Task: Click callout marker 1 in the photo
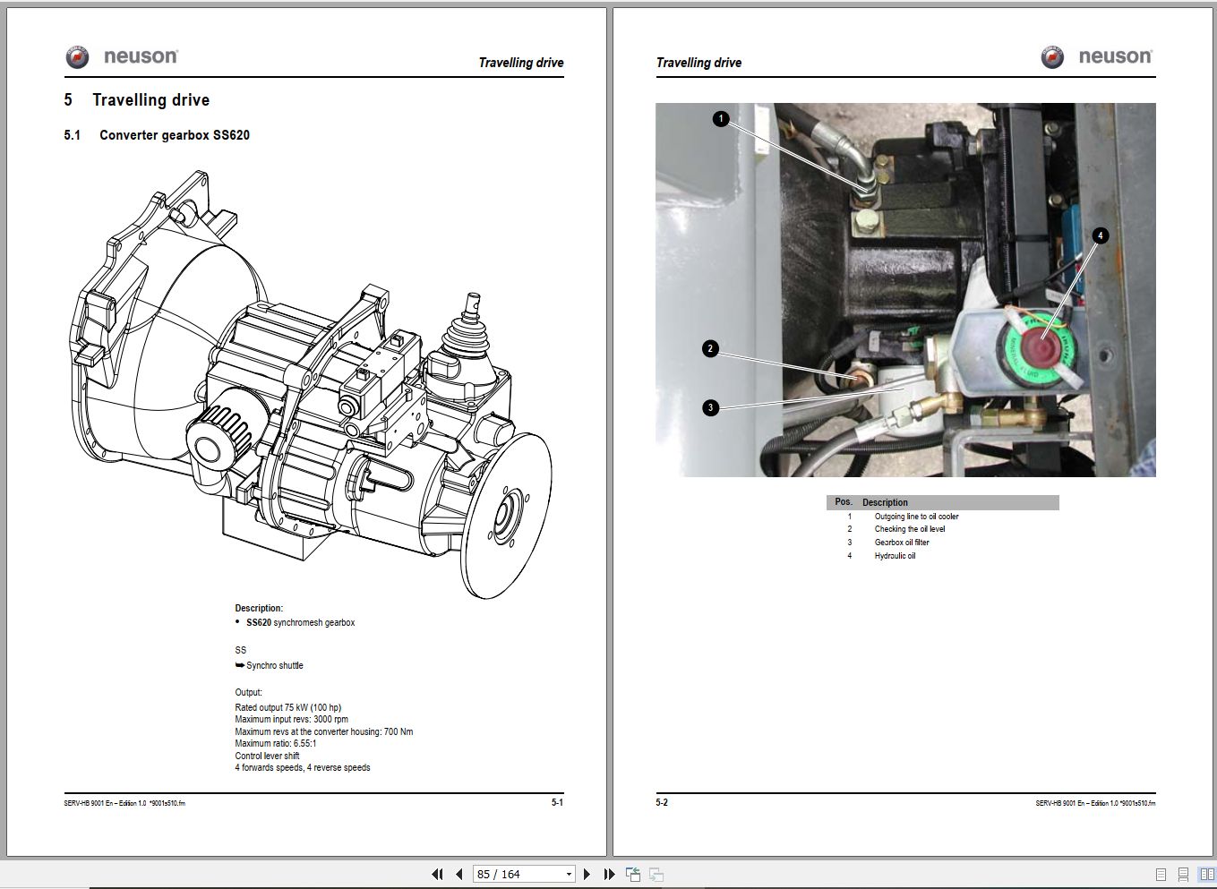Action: pos(722,118)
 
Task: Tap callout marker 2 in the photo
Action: pos(711,349)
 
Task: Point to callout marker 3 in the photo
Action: pos(711,408)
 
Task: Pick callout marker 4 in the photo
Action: pos(1101,235)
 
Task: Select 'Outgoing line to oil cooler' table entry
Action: pos(916,517)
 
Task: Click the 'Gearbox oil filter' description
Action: pos(902,543)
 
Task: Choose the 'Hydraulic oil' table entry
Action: pos(895,556)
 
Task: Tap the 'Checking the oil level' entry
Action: pos(909,529)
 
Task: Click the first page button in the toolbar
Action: pos(437,874)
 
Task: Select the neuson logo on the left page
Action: pos(122,57)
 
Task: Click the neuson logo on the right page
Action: pos(1097,57)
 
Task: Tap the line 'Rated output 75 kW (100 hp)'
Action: pos(287,708)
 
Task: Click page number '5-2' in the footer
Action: pos(662,802)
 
